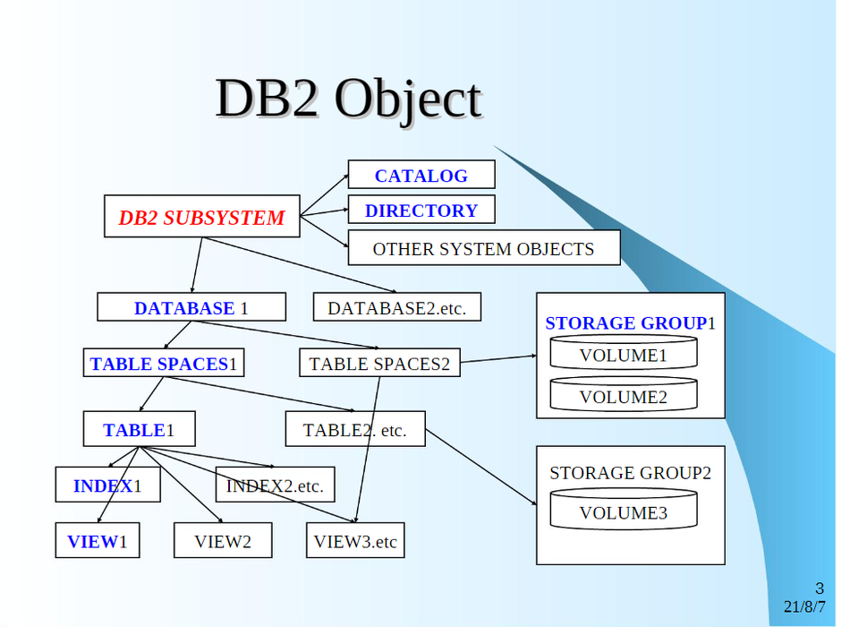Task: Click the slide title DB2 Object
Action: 348,99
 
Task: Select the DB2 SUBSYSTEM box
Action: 201,217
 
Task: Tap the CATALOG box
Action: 421,176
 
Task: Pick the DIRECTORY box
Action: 421,210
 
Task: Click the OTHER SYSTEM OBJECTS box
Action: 483,249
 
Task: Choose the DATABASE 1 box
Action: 191,308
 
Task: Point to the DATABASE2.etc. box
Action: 396,308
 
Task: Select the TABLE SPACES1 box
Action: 163,364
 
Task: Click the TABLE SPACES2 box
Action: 379,364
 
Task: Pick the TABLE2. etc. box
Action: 354,430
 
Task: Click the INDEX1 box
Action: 107,486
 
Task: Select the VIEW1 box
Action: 97,541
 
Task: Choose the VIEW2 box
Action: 223,541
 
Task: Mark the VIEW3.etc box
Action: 354,541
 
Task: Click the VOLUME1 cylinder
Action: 623,355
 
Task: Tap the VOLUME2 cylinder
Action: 623,396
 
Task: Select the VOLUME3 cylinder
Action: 623,512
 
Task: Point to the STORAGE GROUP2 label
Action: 630,473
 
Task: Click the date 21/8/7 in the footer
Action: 804,606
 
